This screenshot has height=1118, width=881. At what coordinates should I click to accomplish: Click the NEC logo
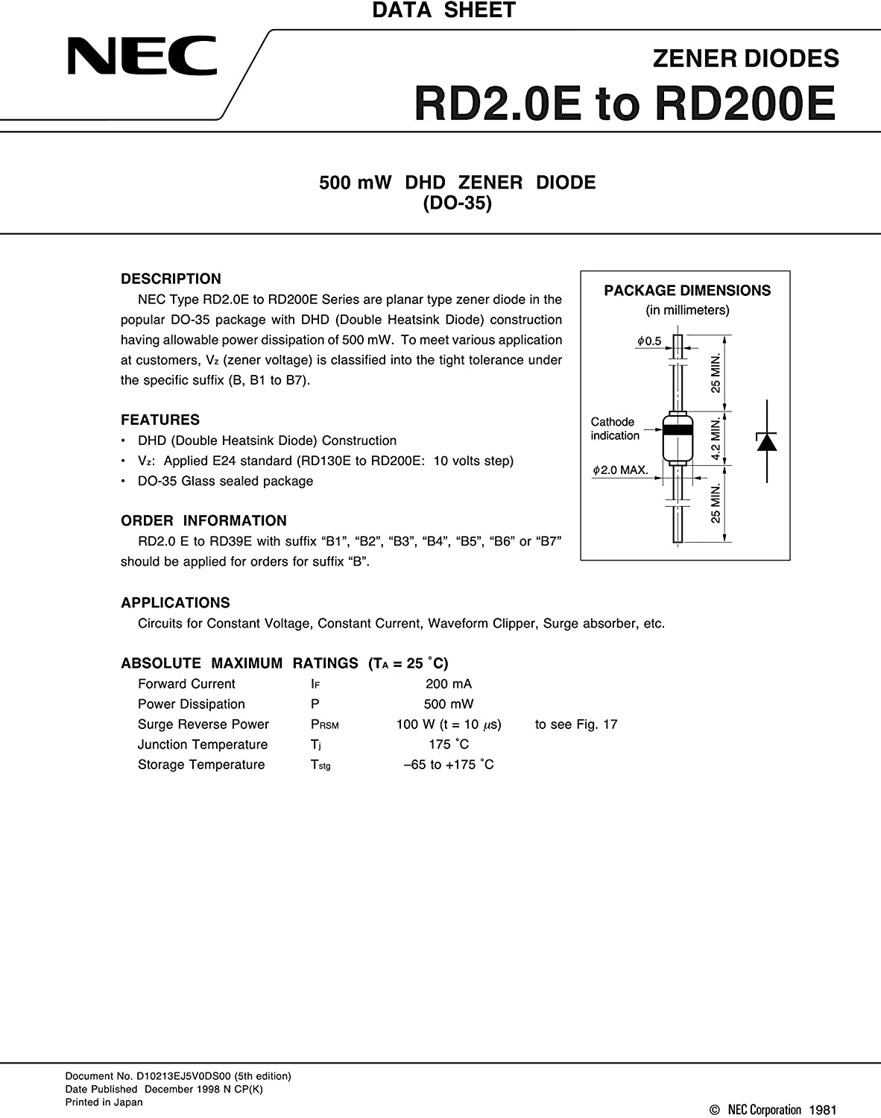142,57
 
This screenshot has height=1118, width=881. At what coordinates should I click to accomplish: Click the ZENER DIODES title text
745,58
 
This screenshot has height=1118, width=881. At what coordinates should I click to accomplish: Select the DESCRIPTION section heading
171,279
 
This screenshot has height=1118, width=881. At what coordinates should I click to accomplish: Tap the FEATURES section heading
160,420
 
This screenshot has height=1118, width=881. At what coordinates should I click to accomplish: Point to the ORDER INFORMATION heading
203,520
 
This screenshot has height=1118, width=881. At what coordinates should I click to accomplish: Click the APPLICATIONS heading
175,602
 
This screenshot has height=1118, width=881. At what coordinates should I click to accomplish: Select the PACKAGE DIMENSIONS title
686,291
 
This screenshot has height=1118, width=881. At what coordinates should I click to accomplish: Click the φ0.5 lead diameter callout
648,341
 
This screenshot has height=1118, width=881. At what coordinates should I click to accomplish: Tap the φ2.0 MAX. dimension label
620,470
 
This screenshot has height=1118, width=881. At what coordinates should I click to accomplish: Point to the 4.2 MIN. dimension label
716,438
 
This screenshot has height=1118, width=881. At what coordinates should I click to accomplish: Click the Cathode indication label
614,429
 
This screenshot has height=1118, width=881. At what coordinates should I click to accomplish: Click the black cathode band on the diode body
678,429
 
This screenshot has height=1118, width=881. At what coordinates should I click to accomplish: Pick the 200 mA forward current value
448,683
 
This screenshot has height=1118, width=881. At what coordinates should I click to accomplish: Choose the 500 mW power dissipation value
448,704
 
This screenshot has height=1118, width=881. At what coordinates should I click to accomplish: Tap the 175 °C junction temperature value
449,744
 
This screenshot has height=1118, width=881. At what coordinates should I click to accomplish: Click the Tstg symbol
320,765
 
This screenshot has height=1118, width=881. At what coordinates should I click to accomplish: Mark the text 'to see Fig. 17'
576,724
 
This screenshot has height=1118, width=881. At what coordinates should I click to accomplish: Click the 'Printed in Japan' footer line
104,1102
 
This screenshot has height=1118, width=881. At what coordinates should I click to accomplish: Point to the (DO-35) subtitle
457,203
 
